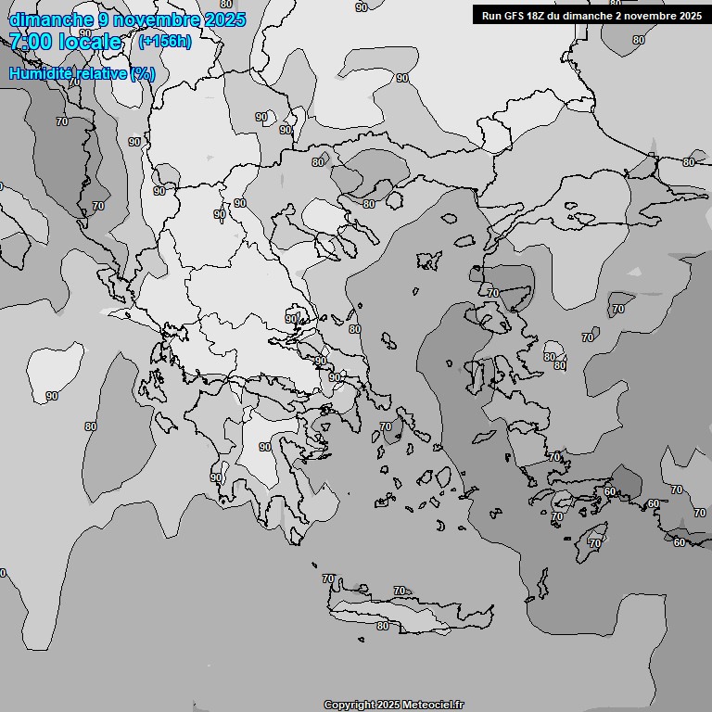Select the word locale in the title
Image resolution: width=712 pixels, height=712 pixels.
[90, 42]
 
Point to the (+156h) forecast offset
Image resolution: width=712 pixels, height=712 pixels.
[165, 42]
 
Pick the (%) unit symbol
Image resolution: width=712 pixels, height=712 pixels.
[143, 73]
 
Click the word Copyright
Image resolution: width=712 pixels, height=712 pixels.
[350, 705]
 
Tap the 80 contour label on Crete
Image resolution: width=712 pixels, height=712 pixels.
[383, 626]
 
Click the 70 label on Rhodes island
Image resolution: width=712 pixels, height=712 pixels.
[595, 542]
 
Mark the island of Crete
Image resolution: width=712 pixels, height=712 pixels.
[408, 612]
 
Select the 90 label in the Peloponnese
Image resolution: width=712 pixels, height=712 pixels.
[265, 447]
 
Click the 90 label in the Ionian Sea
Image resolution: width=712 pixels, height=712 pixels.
[52, 396]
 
